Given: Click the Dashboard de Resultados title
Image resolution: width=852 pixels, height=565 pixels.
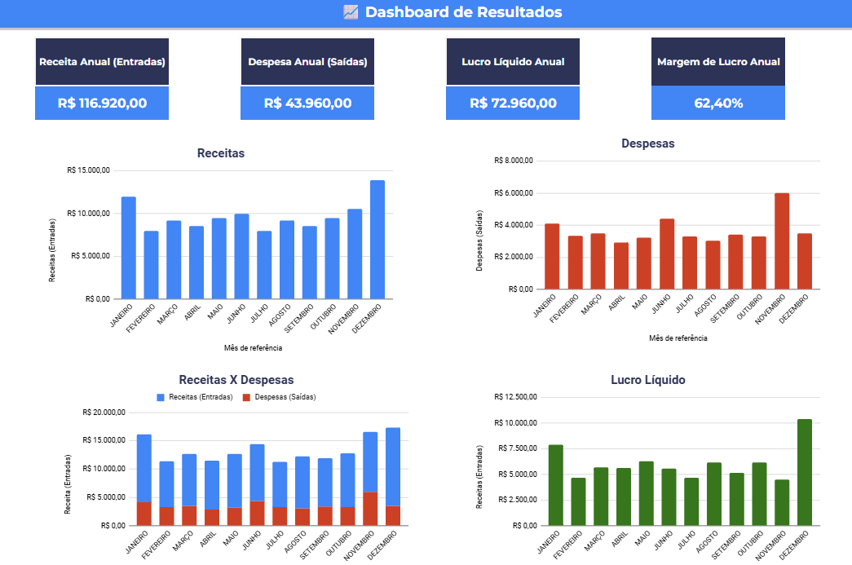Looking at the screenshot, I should click(x=463, y=12).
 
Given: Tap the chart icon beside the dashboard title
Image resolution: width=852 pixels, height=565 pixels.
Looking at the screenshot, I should click(x=351, y=12).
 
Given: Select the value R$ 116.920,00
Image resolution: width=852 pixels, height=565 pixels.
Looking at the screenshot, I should click(x=102, y=104).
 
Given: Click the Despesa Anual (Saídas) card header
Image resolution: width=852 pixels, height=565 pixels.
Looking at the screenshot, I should click(x=307, y=62).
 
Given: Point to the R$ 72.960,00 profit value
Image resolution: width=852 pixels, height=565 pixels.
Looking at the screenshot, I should click(x=513, y=104).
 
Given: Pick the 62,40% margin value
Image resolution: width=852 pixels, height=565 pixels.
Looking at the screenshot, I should click(x=718, y=104).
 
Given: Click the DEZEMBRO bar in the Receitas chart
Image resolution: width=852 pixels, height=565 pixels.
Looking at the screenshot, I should click(x=377, y=240).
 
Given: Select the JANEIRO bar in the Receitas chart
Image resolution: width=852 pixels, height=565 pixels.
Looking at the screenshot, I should click(x=129, y=248).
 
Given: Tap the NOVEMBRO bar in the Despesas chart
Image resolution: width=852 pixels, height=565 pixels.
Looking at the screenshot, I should click(x=782, y=241).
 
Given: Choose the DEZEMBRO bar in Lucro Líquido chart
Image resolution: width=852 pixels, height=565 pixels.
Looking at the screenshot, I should click(x=805, y=472).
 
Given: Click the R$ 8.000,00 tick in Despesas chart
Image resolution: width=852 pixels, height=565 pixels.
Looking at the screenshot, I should click(x=513, y=161).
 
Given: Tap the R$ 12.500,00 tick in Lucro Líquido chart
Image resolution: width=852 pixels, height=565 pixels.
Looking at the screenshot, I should click(x=516, y=397).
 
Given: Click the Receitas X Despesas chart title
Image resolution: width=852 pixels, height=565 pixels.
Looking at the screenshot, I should click(x=236, y=380).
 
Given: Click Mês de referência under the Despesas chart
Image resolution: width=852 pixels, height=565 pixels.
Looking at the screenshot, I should click(x=678, y=338).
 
